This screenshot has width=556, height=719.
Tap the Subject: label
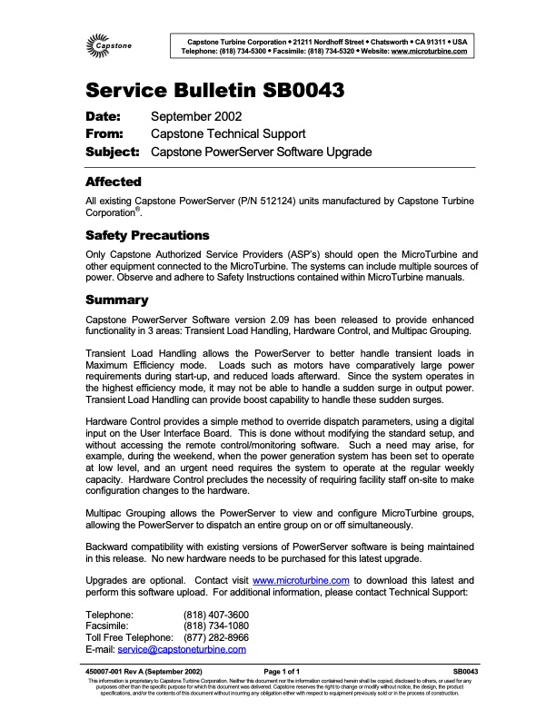(112, 152)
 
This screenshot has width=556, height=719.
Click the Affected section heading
(113, 182)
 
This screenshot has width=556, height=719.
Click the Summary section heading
(115, 299)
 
